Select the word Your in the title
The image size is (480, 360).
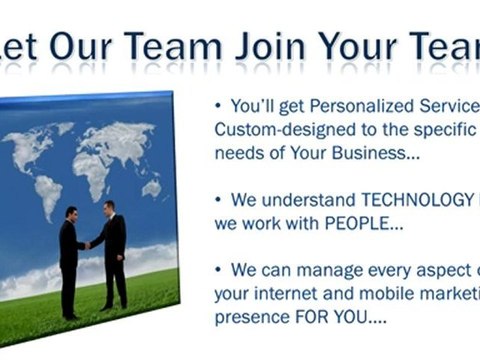coord(359,46)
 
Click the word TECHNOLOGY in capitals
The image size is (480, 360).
coord(400,200)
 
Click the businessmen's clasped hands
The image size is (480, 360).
coord(89,244)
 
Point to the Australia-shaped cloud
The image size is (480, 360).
coord(151,188)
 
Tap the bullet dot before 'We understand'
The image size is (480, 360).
coord(220,200)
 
